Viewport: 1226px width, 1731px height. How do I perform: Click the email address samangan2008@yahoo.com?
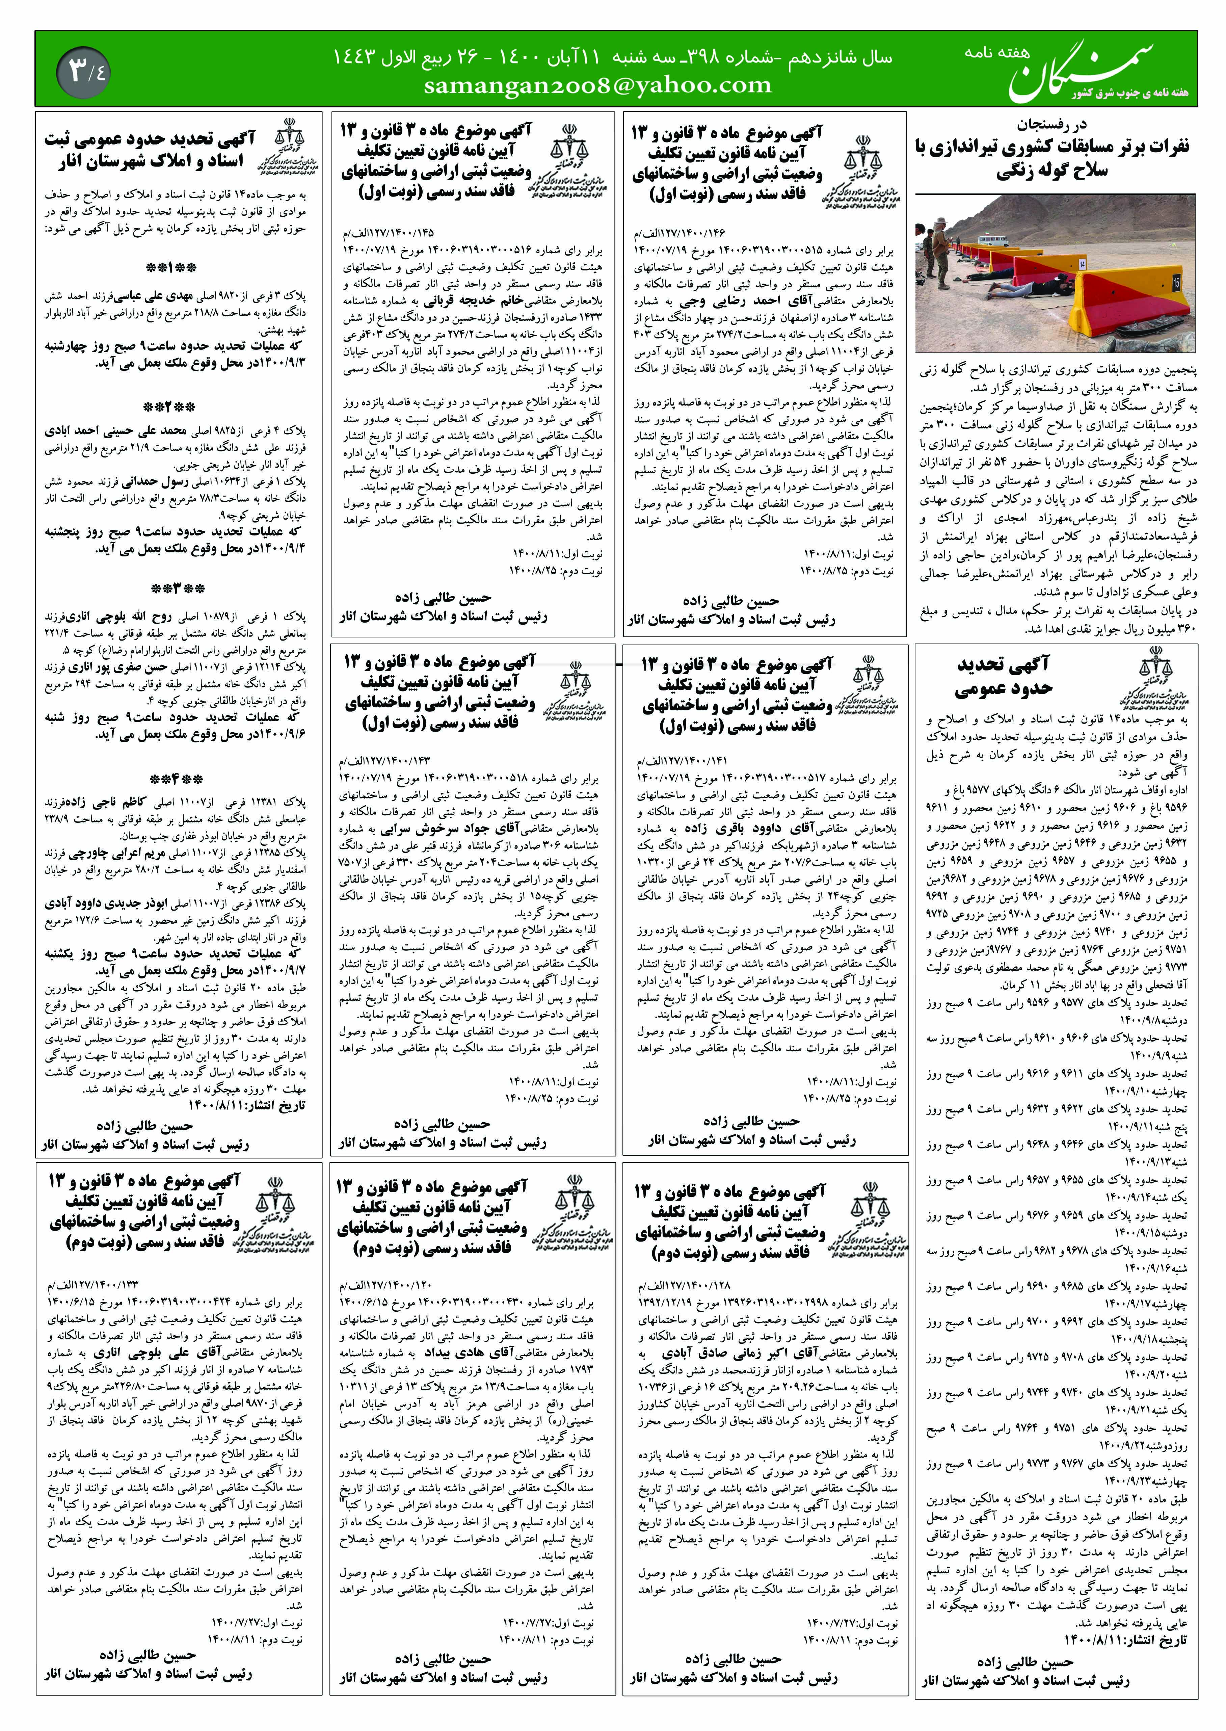tap(598, 86)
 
